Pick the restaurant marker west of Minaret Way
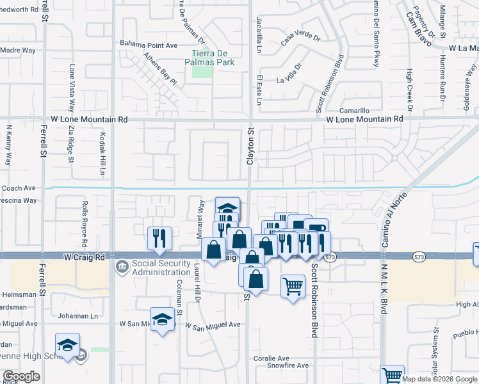tap(159, 238)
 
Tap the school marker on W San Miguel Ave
tap(163, 319)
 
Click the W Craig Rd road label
tap(85, 256)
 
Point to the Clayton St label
tap(251, 146)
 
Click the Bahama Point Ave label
tap(149, 45)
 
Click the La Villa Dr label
tap(289, 74)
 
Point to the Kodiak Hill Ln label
tap(102, 154)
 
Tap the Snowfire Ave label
tap(288, 366)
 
